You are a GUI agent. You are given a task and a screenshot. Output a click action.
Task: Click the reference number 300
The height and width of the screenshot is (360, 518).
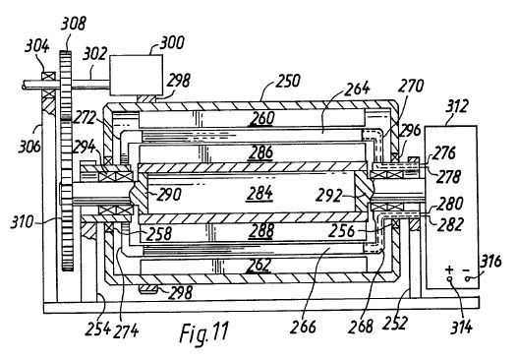click(x=172, y=43)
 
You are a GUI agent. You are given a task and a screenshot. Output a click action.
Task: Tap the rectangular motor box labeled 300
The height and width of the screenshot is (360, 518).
click(x=136, y=75)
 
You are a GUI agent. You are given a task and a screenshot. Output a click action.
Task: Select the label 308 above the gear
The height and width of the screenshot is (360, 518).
click(x=74, y=24)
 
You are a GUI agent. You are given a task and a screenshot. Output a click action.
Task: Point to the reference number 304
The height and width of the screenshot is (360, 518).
click(x=37, y=46)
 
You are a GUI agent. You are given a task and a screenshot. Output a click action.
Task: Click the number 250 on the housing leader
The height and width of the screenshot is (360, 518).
click(x=288, y=81)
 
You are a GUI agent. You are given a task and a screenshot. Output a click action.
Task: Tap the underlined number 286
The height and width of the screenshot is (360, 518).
click(x=261, y=153)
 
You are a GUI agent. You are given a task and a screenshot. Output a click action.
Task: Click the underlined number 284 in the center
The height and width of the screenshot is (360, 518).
click(x=259, y=194)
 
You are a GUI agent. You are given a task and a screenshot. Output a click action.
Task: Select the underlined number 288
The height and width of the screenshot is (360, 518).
click(x=260, y=231)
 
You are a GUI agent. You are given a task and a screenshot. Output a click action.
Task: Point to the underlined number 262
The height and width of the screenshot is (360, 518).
click(x=259, y=266)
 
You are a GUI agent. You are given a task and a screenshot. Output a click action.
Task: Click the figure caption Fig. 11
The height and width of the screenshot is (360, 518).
click(x=203, y=332)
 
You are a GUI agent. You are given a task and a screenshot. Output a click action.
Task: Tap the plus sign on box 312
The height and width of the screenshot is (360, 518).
click(x=449, y=270)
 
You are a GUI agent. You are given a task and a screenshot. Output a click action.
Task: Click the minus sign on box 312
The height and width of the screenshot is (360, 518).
click(x=466, y=270)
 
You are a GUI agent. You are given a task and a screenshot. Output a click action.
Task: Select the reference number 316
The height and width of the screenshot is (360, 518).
click(x=490, y=262)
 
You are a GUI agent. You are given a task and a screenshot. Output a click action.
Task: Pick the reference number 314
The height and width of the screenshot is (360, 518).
click(x=462, y=328)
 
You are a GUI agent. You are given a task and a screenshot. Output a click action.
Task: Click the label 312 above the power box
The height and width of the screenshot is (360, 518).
click(x=457, y=106)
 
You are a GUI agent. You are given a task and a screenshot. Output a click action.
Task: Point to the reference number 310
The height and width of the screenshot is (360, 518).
click(x=23, y=222)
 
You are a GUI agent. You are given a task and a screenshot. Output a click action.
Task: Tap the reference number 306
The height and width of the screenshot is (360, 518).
click(x=29, y=147)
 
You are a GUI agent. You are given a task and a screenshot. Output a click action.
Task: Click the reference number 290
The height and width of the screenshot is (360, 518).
click(x=169, y=195)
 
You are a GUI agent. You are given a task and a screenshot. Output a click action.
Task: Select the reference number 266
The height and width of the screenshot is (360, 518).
click(x=303, y=327)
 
